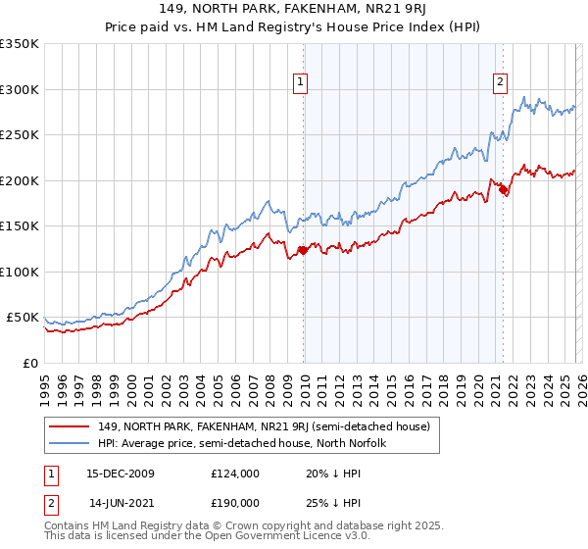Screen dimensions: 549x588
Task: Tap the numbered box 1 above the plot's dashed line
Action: coord(300,83)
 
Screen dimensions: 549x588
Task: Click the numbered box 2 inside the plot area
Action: coord(500,83)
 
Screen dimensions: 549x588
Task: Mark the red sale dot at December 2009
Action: coord(303,250)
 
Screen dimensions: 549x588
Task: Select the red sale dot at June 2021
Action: coord(503,190)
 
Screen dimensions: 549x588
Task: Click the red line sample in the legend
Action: coord(70,426)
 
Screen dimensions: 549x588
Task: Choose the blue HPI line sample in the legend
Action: coord(70,443)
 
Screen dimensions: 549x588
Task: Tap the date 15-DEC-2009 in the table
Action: coord(122,474)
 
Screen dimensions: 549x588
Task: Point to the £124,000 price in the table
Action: coord(234,474)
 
